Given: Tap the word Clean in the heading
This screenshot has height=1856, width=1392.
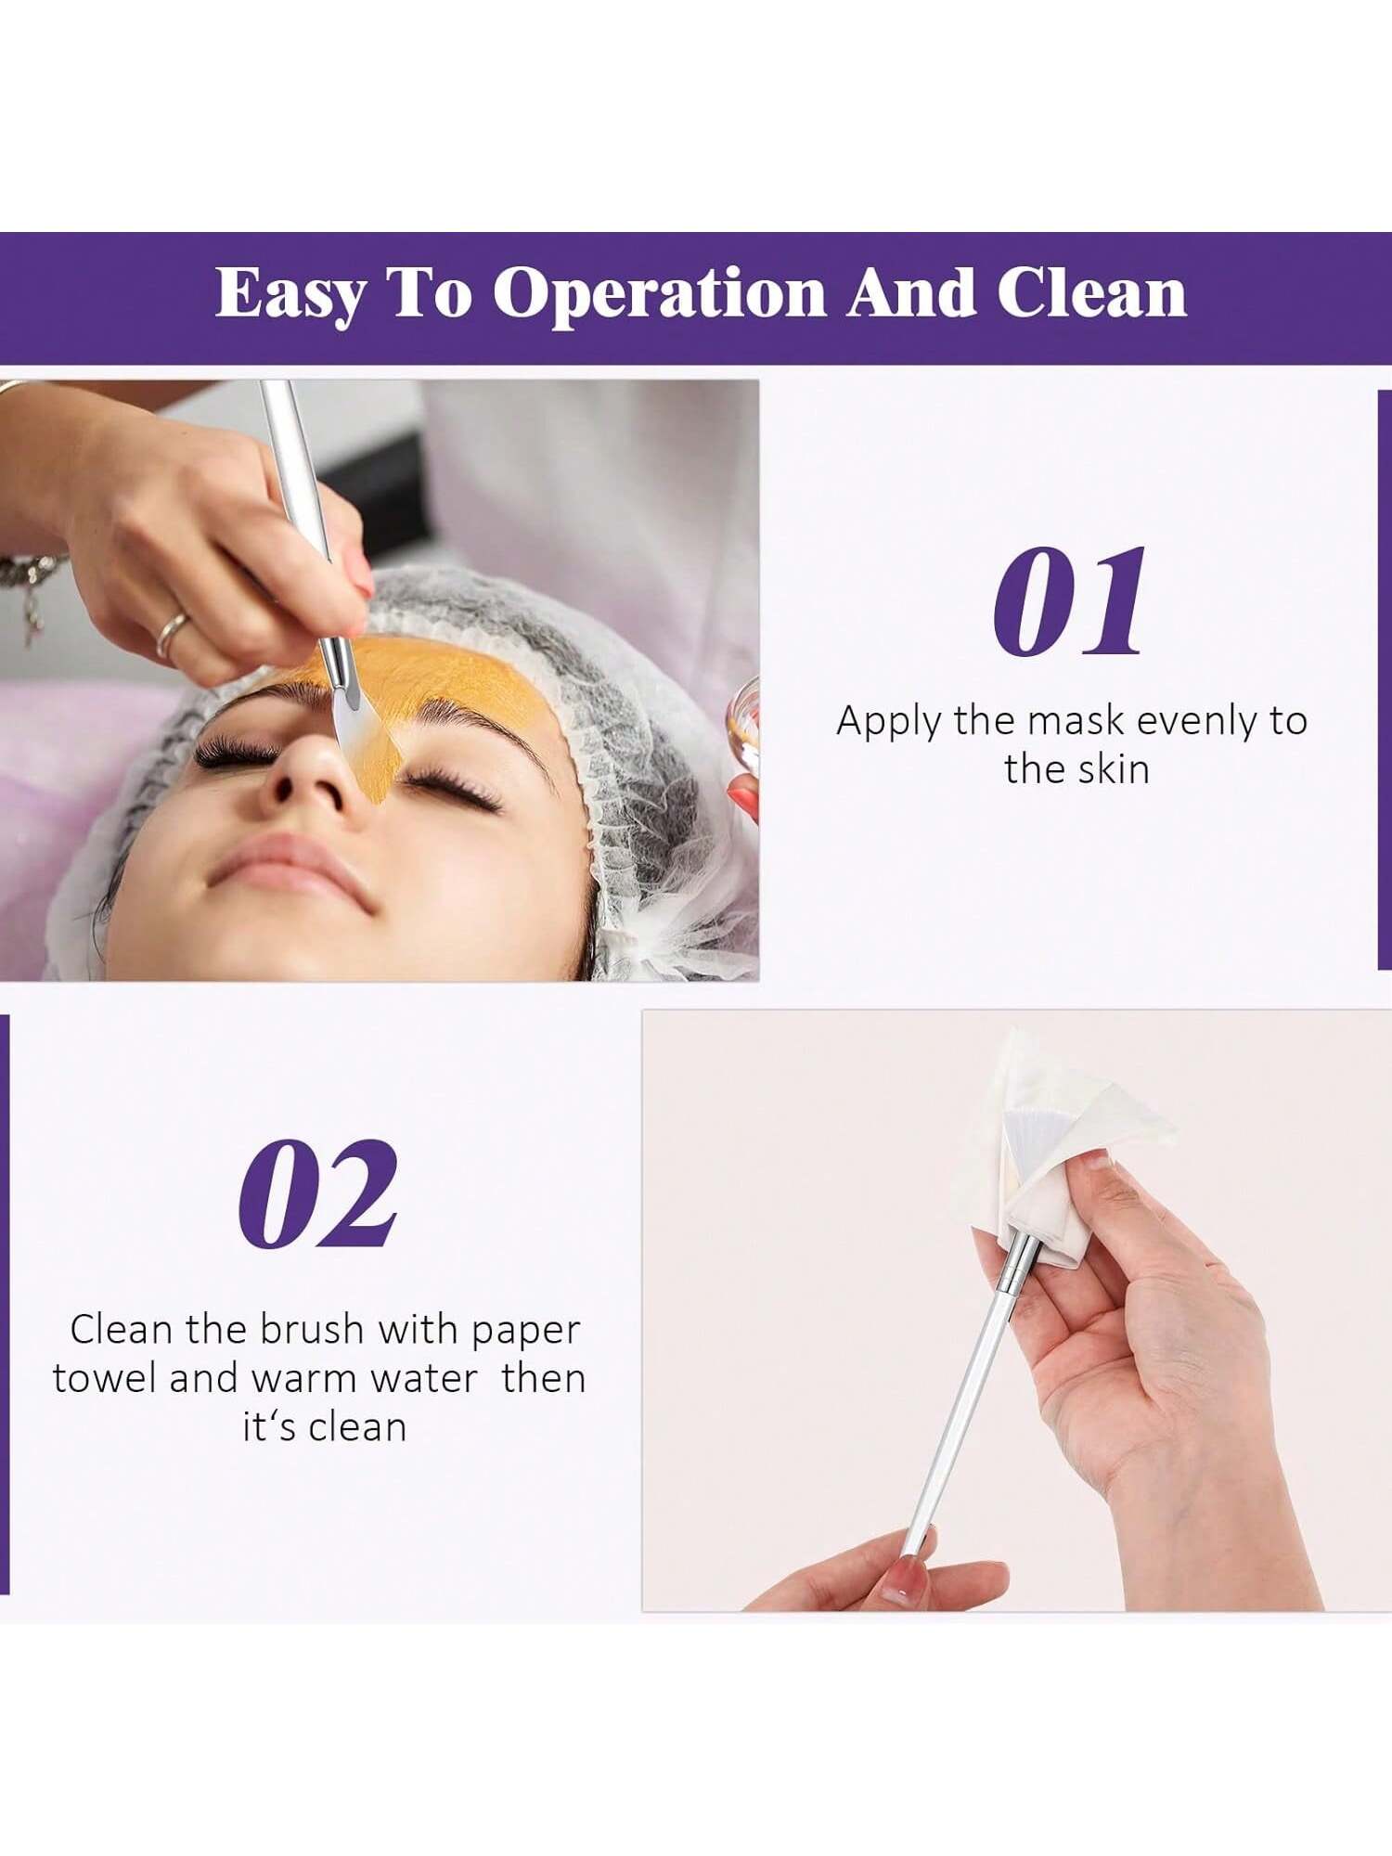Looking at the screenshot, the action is [1091, 293].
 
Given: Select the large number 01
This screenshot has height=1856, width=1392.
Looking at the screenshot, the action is [1070, 603].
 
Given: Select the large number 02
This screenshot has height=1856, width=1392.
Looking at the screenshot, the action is [318, 1194].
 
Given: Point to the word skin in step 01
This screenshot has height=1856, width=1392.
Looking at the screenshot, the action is [1113, 769].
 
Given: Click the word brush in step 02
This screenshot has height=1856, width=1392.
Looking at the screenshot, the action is [312, 1330].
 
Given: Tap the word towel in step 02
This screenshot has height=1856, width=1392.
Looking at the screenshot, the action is [105, 1379].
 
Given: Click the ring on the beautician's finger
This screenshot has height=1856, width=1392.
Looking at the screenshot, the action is [173, 633].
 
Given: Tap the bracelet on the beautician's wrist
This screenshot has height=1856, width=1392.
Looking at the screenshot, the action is [28, 580].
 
